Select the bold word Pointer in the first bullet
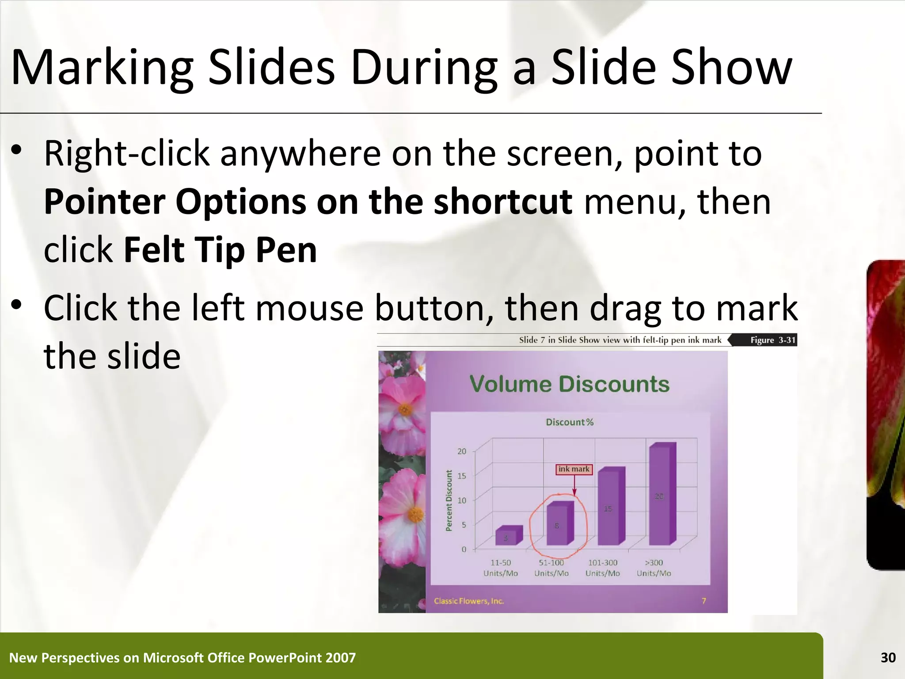click(105, 202)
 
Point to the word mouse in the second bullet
click(309, 308)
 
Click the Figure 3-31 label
click(772, 340)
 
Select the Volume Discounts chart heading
click(569, 384)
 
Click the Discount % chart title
click(569, 422)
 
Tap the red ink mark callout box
click(574, 469)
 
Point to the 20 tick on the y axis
click(461, 451)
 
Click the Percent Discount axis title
click(449, 500)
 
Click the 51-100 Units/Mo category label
click(551, 568)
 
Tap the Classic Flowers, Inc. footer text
click(468, 601)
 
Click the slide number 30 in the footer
click(888, 658)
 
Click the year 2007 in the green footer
click(340, 658)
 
